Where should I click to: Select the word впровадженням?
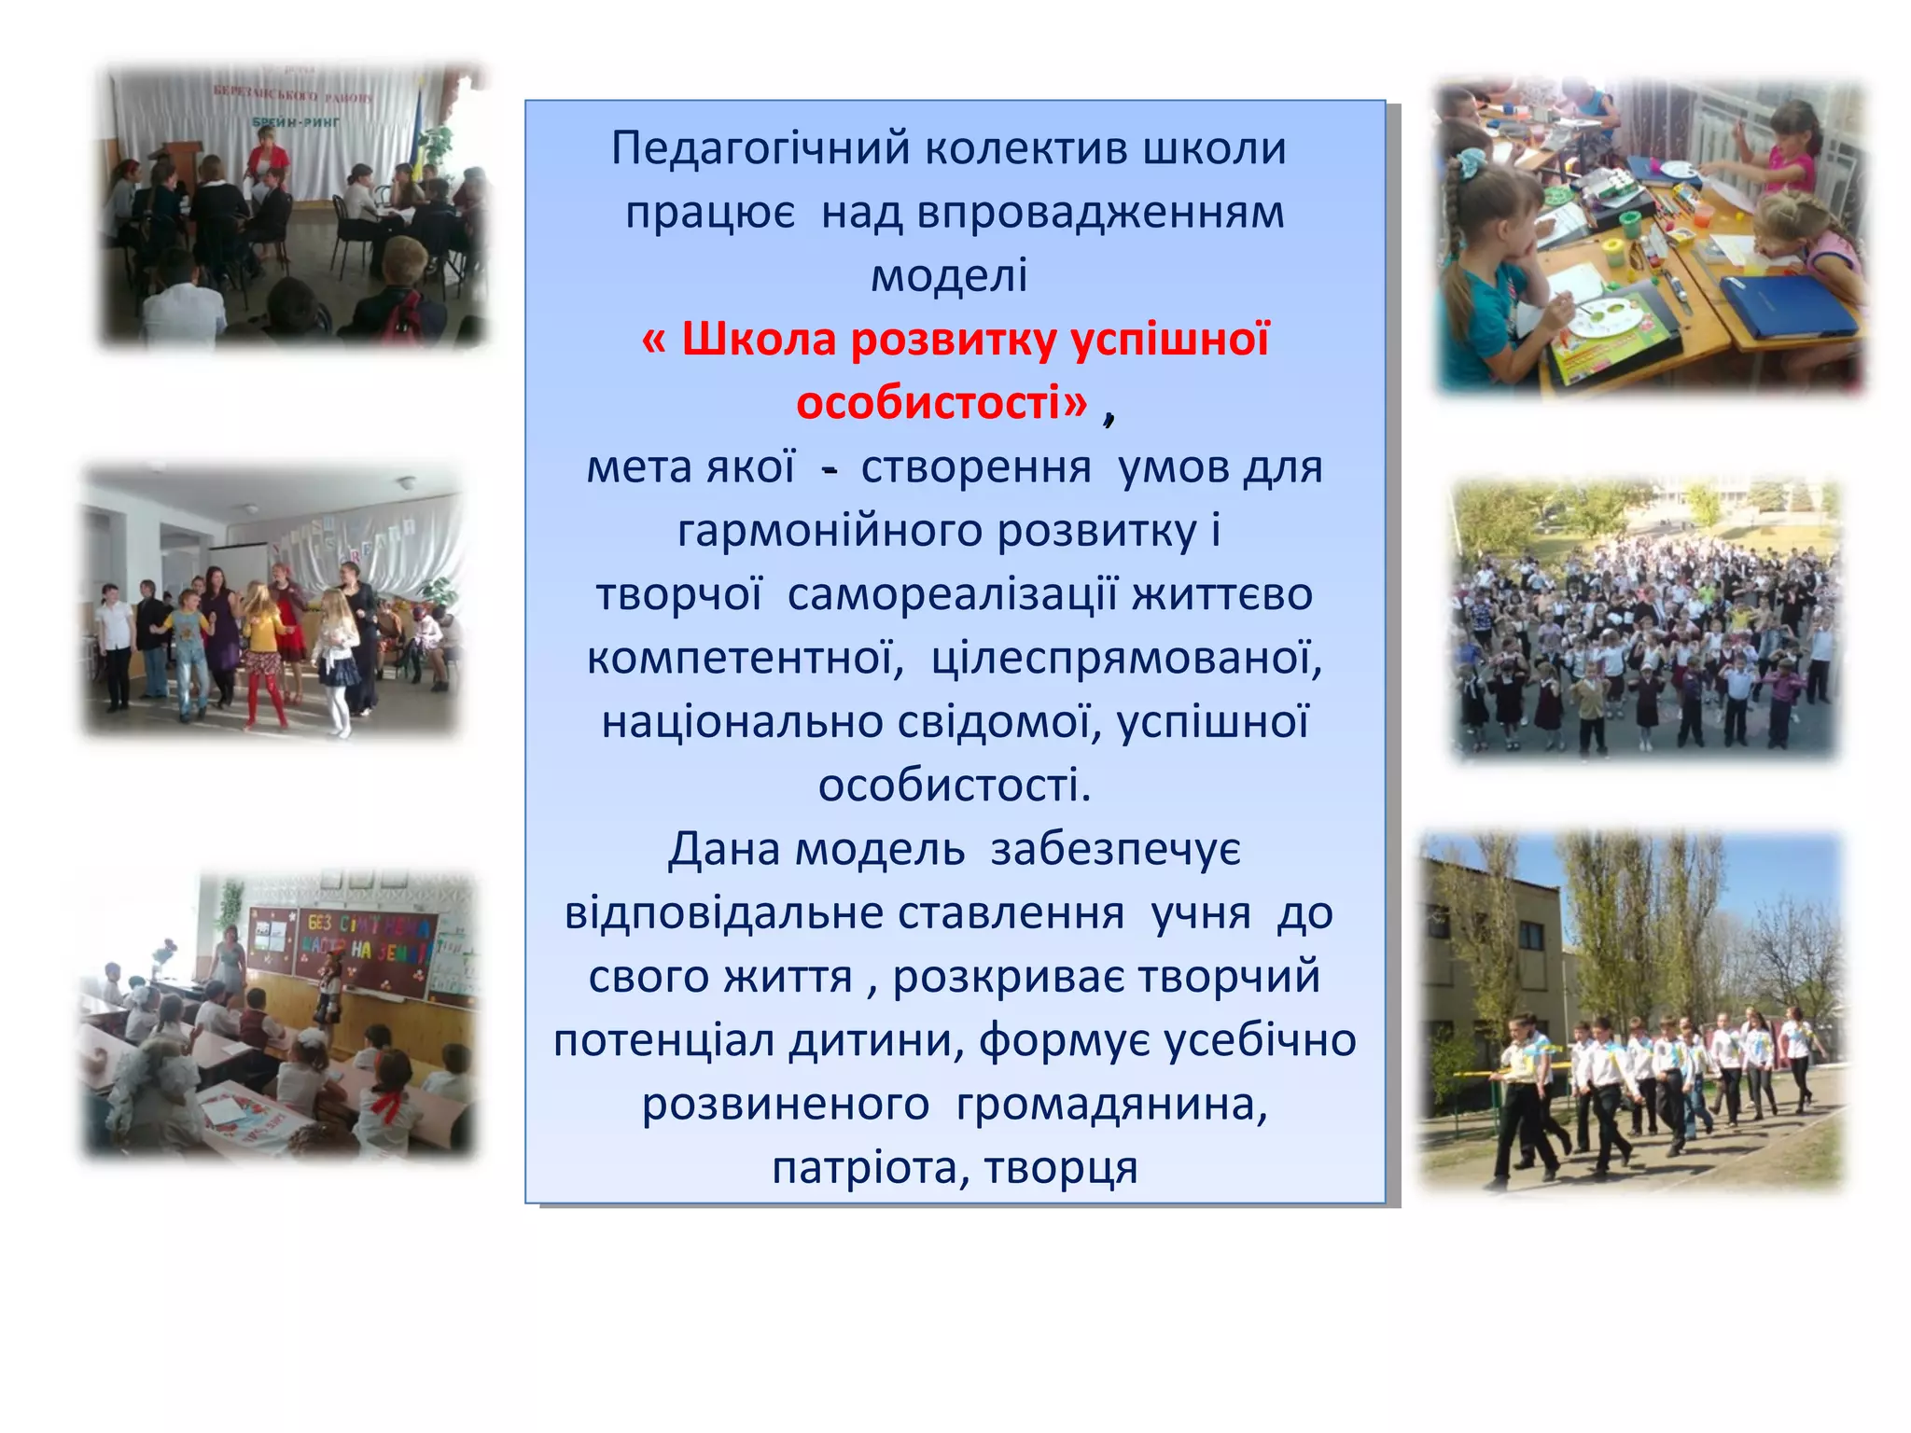1100,213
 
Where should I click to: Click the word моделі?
949,276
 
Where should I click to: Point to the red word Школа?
758,340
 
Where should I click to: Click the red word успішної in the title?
1170,340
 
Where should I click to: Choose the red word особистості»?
942,403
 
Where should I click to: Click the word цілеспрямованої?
1126,659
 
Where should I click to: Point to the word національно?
742,722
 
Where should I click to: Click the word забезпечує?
1116,850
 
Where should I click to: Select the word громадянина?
1111,1105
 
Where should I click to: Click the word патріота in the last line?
865,1168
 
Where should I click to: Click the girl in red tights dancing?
264,659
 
